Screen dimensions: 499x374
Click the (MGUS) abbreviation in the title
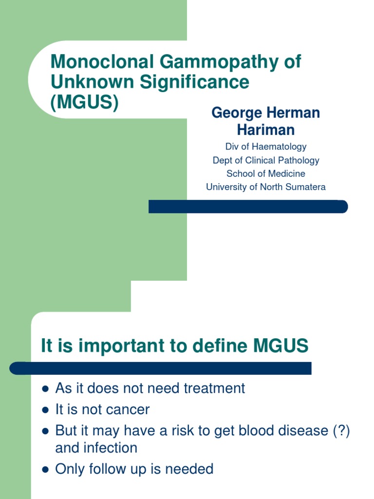84,102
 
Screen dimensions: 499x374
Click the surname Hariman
266,130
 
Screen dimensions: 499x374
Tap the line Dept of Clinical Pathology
266,160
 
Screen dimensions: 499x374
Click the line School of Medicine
266,173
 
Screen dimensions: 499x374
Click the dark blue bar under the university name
248,207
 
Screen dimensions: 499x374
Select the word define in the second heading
221,346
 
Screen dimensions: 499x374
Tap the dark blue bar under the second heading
161,368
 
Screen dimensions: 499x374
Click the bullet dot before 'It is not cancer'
45,410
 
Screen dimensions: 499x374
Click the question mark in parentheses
339,431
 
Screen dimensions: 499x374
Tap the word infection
111,448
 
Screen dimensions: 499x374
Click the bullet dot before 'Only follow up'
45,470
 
